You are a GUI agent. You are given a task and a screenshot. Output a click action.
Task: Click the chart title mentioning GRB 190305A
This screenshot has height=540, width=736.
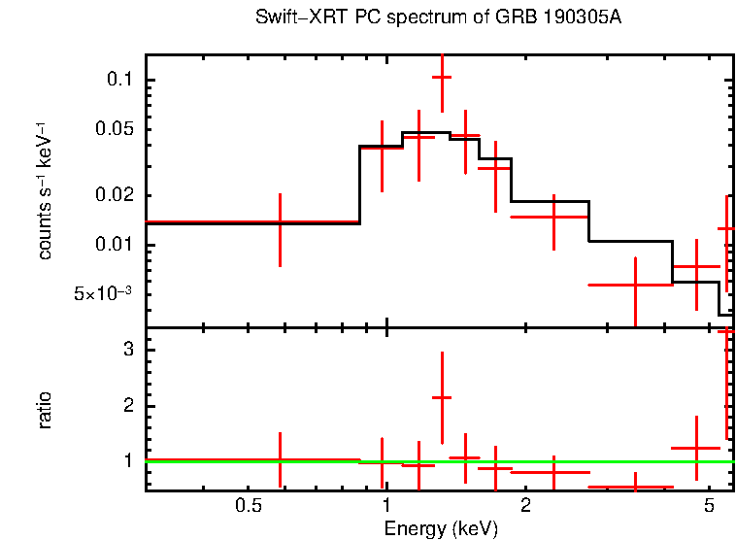click(438, 18)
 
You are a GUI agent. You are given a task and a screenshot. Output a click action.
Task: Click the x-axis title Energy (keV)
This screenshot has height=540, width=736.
click(440, 528)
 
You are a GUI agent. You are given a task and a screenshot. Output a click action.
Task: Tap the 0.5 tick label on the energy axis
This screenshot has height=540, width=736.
click(250, 506)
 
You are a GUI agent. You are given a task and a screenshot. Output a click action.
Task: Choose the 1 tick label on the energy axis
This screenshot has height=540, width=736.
click(386, 506)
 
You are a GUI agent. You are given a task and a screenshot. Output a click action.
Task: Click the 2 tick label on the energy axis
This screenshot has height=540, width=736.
click(525, 506)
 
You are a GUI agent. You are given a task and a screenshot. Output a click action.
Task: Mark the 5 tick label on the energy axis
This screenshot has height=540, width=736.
click(708, 506)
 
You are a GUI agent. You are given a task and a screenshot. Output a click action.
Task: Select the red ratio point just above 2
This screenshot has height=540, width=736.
click(442, 397)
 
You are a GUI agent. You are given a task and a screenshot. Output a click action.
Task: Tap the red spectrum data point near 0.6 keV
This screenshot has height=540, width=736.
click(280, 222)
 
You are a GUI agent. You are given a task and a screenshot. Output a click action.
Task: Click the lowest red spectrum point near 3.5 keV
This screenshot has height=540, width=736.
click(635, 285)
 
